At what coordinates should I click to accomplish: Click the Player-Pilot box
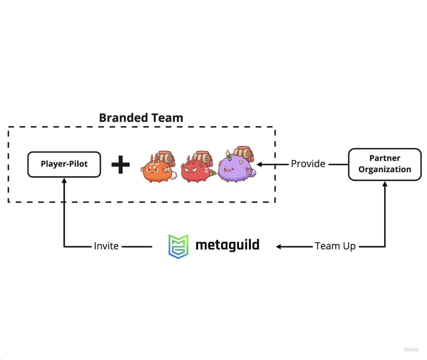click(x=64, y=164)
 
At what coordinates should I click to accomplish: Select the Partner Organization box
click(x=385, y=164)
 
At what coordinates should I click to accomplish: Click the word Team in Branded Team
click(x=167, y=118)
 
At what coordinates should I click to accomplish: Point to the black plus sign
click(x=120, y=164)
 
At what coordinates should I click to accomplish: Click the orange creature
click(x=157, y=168)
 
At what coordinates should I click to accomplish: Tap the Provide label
click(x=308, y=164)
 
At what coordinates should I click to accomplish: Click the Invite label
click(x=106, y=246)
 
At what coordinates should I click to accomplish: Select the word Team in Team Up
click(x=327, y=246)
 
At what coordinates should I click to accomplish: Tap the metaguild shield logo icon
click(x=178, y=246)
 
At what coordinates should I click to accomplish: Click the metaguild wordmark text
click(x=227, y=245)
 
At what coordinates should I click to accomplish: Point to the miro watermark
click(x=411, y=349)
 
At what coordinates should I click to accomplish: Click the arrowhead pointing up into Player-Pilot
click(x=64, y=181)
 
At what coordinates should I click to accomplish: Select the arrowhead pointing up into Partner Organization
click(x=385, y=184)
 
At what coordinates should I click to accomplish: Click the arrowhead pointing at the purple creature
click(x=259, y=164)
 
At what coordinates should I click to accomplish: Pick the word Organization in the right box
click(x=385, y=169)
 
